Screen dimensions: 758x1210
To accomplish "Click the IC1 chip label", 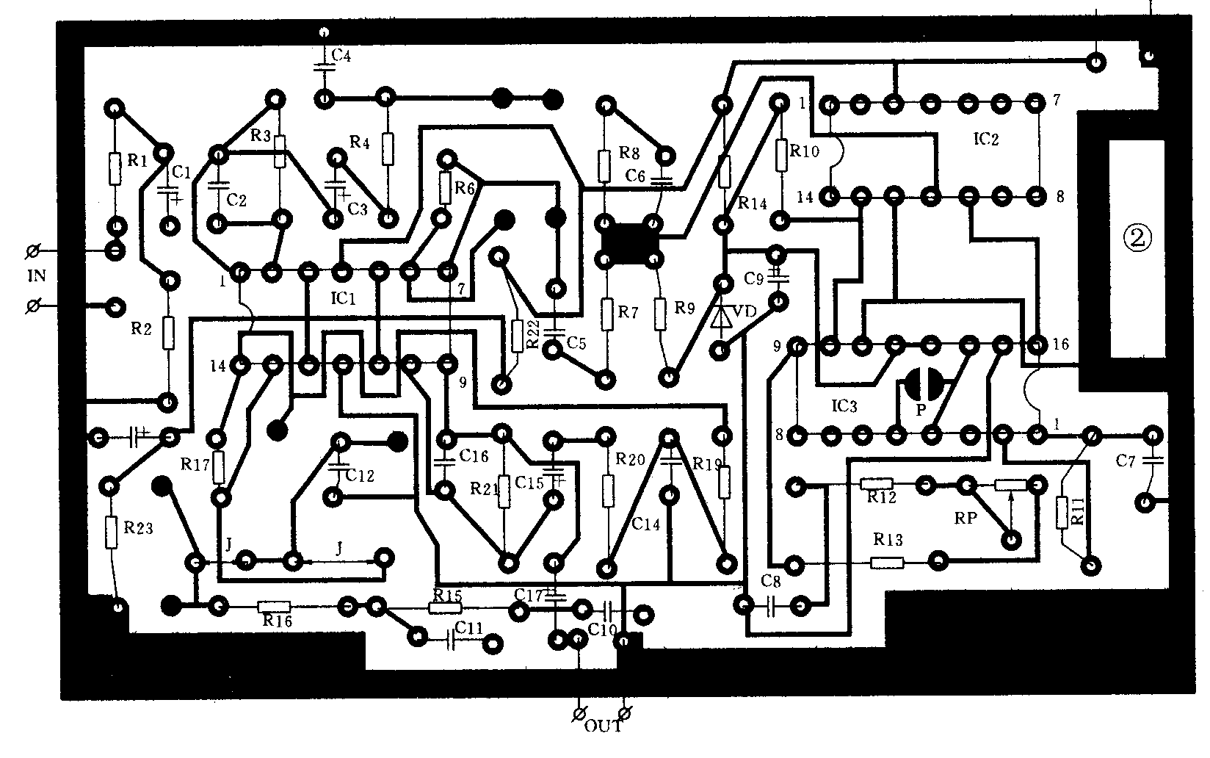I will [343, 298].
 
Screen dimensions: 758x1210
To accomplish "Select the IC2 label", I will [985, 140].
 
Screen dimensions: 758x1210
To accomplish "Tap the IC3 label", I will [844, 405].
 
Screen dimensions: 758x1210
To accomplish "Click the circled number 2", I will [1137, 237].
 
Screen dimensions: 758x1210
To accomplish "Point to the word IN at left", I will [37, 276].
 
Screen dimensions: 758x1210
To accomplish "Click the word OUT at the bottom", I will [603, 727].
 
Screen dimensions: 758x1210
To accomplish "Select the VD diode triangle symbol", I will [723, 317].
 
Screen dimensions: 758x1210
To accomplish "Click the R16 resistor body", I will [274, 607].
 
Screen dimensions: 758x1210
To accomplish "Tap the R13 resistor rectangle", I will [887, 563].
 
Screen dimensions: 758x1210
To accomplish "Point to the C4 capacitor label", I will [341, 55].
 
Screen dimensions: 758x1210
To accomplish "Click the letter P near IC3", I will [920, 409].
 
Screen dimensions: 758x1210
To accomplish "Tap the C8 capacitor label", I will [771, 582].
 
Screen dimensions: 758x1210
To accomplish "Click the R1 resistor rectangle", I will [115, 168].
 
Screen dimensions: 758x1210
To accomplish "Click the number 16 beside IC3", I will [1060, 344].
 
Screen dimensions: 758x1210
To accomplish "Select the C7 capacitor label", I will [1126, 461].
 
